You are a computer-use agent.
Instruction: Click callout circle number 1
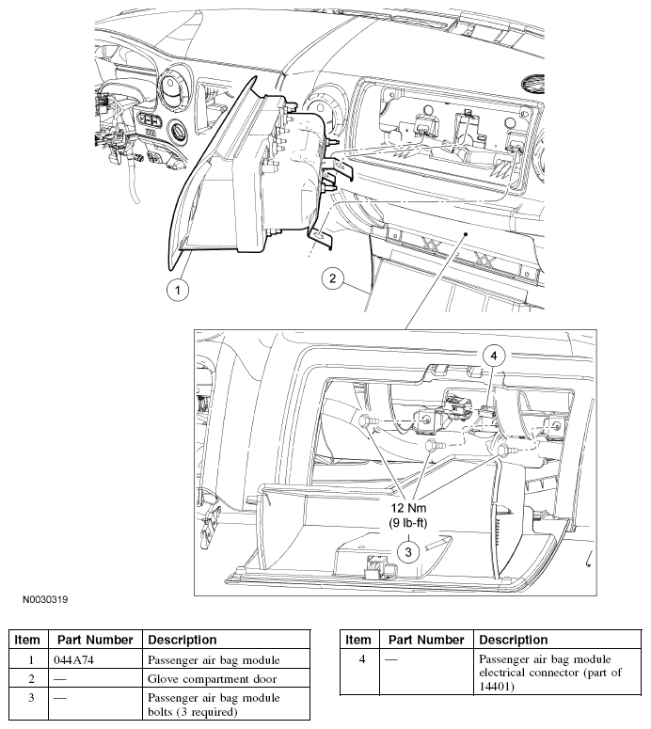pyautogui.click(x=177, y=290)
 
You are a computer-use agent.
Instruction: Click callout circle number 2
pyautogui.click(x=332, y=278)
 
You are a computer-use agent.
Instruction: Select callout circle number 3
pyautogui.click(x=408, y=552)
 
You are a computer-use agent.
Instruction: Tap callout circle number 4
pyautogui.click(x=494, y=356)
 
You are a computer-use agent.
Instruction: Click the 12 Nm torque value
pyautogui.click(x=407, y=508)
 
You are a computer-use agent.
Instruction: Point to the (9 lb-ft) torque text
pyautogui.click(x=407, y=523)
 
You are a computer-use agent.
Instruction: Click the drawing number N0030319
pyautogui.click(x=45, y=600)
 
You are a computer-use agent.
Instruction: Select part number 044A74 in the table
pyautogui.click(x=73, y=659)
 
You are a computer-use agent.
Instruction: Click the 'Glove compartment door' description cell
pyautogui.click(x=212, y=679)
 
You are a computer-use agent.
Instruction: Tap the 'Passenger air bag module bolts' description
pyautogui.click(x=214, y=705)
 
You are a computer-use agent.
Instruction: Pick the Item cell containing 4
pyautogui.click(x=362, y=659)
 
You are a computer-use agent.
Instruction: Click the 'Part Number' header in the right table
pyautogui.click(x=426, y=641)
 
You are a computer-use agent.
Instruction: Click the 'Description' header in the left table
pyautogui.click(x=183, y=641)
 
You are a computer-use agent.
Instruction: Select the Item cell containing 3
pyautogui.click(x=31, y=698)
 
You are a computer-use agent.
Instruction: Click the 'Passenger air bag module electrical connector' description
pyautogui.click(x=550, y=673)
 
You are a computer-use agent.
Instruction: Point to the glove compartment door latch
pyautogui.click(x=380, y=566)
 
